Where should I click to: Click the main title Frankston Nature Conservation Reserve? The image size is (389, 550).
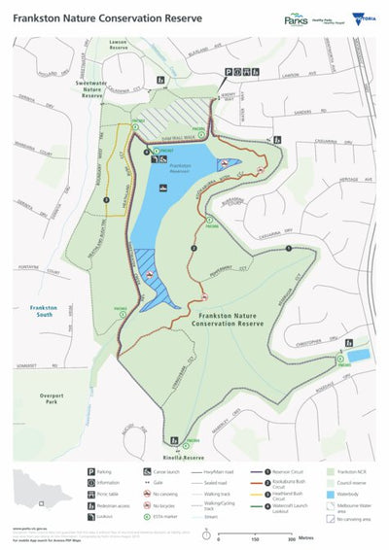click(93, 17)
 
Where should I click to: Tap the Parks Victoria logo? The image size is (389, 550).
click(296, 18)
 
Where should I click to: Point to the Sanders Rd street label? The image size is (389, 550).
click(301, 112)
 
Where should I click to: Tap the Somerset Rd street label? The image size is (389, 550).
click(29, 364)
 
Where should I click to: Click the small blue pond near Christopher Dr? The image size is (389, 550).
click(357, 357)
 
